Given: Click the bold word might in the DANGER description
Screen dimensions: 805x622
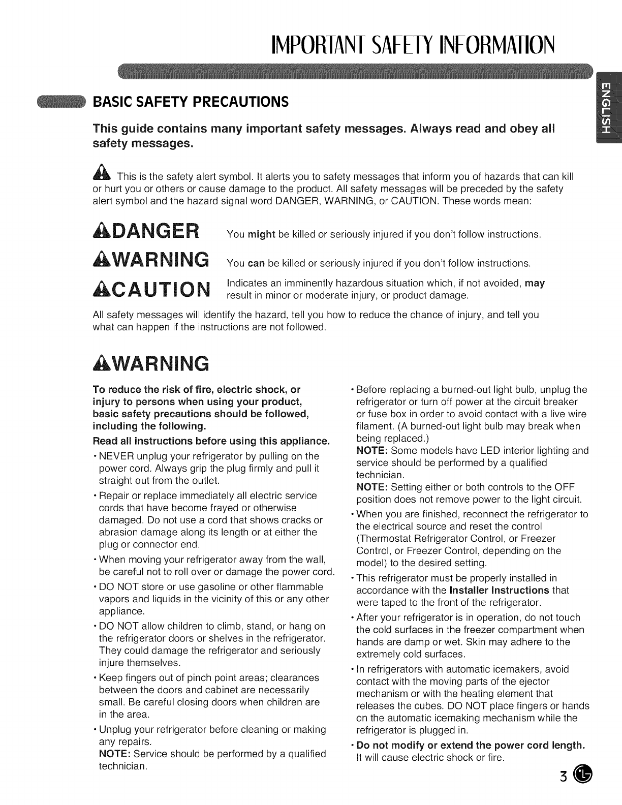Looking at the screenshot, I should coord(261,234).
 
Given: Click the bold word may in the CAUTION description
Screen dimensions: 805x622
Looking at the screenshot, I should coord(535,283).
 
